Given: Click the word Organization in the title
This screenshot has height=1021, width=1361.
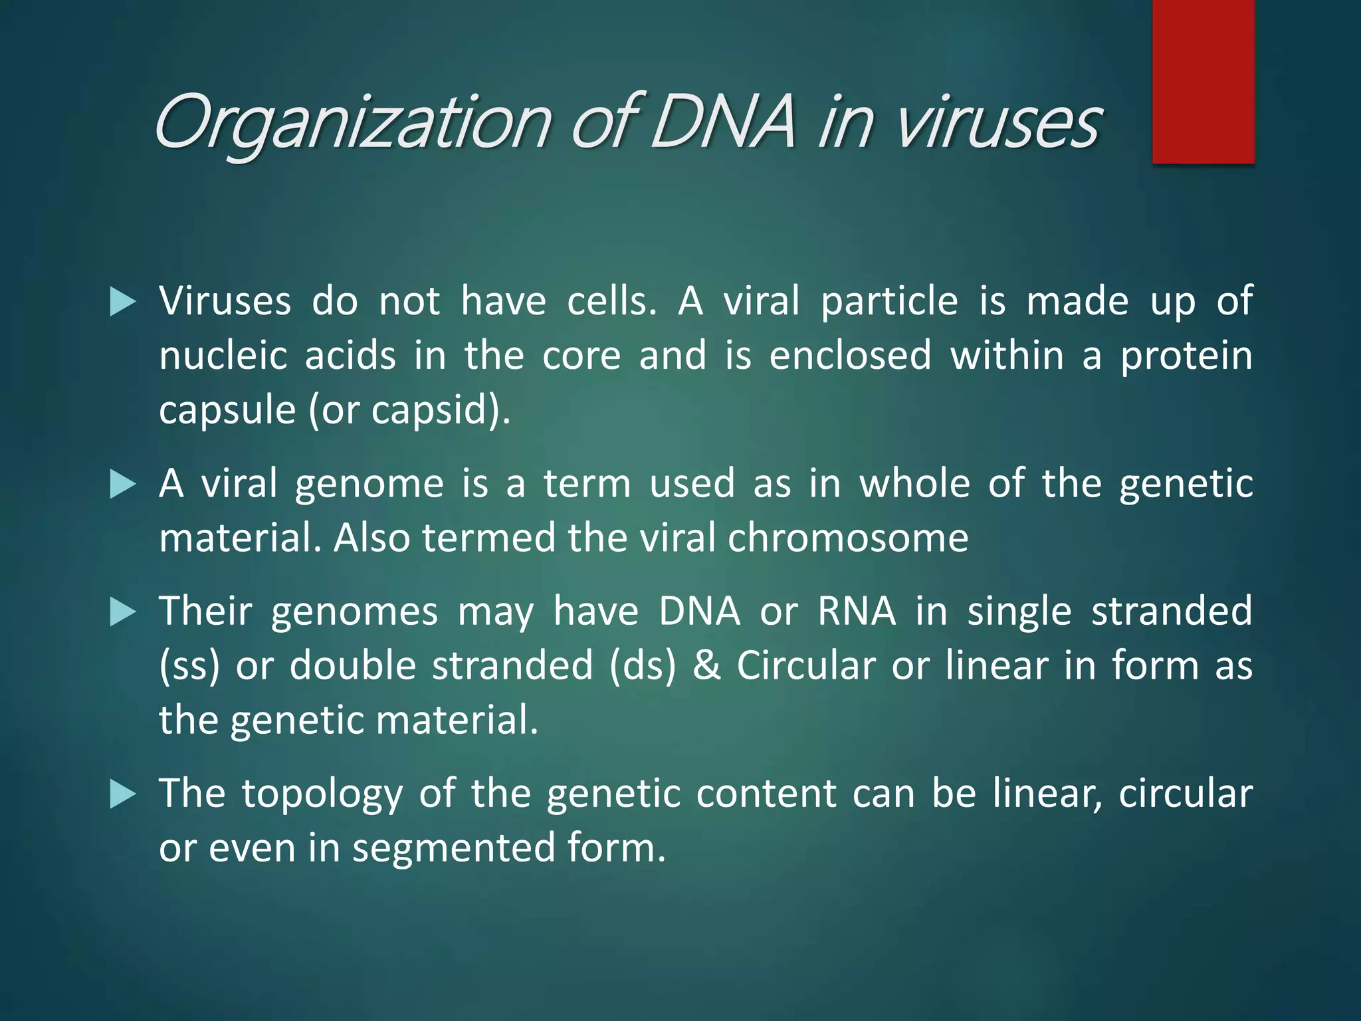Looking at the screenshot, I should click(x=352, y=123).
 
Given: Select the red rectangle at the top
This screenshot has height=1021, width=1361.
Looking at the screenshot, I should click(x=1203, y=81).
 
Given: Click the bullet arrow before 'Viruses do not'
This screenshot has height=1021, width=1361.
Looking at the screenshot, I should click(x=122, y=302).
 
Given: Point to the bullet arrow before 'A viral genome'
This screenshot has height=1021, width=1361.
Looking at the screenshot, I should click(x=122, y=485).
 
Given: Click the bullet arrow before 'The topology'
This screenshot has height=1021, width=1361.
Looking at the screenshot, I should click(x=122, y=794).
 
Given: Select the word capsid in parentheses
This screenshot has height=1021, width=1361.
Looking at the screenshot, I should click(x=433, y=410).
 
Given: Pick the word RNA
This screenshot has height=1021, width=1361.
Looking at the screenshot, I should click(x=857, y=611).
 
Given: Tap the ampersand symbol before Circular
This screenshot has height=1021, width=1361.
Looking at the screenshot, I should click(x=706, y=665).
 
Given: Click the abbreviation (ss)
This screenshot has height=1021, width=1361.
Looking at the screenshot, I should click(x=189, y=665).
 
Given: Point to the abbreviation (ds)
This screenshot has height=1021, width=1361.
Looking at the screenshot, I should click(x=643, y=665).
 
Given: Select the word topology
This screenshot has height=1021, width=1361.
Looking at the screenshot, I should click(x=322, y=794).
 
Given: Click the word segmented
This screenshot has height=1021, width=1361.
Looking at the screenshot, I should click(x=453, y=849).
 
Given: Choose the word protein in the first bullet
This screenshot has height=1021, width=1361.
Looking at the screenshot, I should click(x=1186, y=356).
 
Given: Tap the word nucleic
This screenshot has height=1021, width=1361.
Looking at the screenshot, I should click(x=223, y=356).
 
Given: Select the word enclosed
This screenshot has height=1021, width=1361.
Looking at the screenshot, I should click(x=850, y=356).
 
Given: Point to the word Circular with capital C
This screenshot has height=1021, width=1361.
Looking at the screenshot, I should click(x=805, y=665).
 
